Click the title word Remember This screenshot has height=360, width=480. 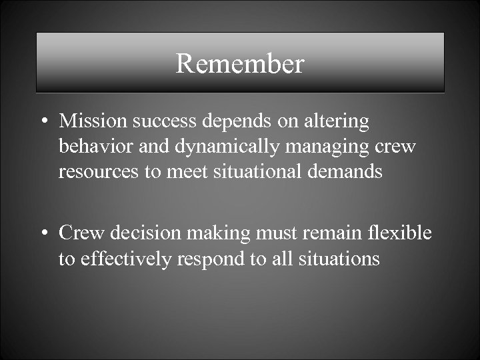(240, 63)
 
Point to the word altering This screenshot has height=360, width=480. (337, 121)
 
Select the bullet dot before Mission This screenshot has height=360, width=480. (43, 122)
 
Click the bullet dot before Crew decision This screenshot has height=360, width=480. (43, 234)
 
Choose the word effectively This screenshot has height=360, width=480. (126, 259)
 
